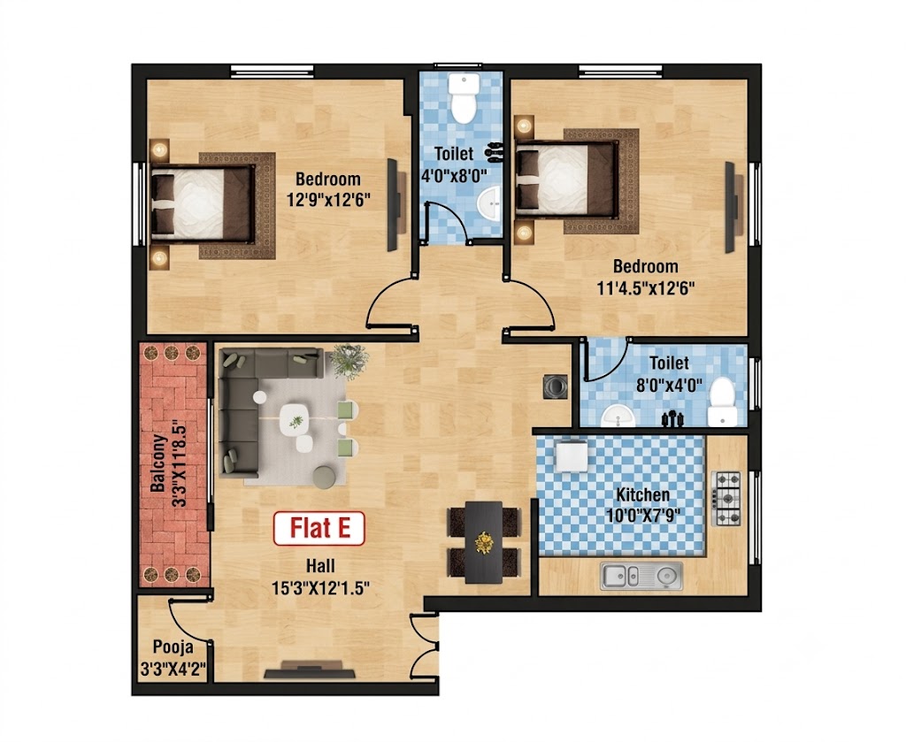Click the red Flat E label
click(x=319, y=528)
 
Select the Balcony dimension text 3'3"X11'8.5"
click(x=179, y=463)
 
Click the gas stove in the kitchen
click(x=728, y=498)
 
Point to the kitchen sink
click(x=641, y=576)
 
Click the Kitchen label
click(x=642, y=495)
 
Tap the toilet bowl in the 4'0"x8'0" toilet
click(x=463, y=98)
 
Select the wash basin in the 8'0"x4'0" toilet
click(x=618, y=415)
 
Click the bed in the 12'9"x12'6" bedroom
click(x=203, y=203)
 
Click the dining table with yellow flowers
click(x=484, y=541)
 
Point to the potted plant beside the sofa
click(x=349, y=361)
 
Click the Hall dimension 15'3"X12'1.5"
click(x=320, y=587)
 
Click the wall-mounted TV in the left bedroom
click(x=393, y=204)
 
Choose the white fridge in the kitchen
click(x=571, y=456)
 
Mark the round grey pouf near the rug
click(x=325, y=478)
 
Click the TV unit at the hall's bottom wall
click(x=310, y=673)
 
